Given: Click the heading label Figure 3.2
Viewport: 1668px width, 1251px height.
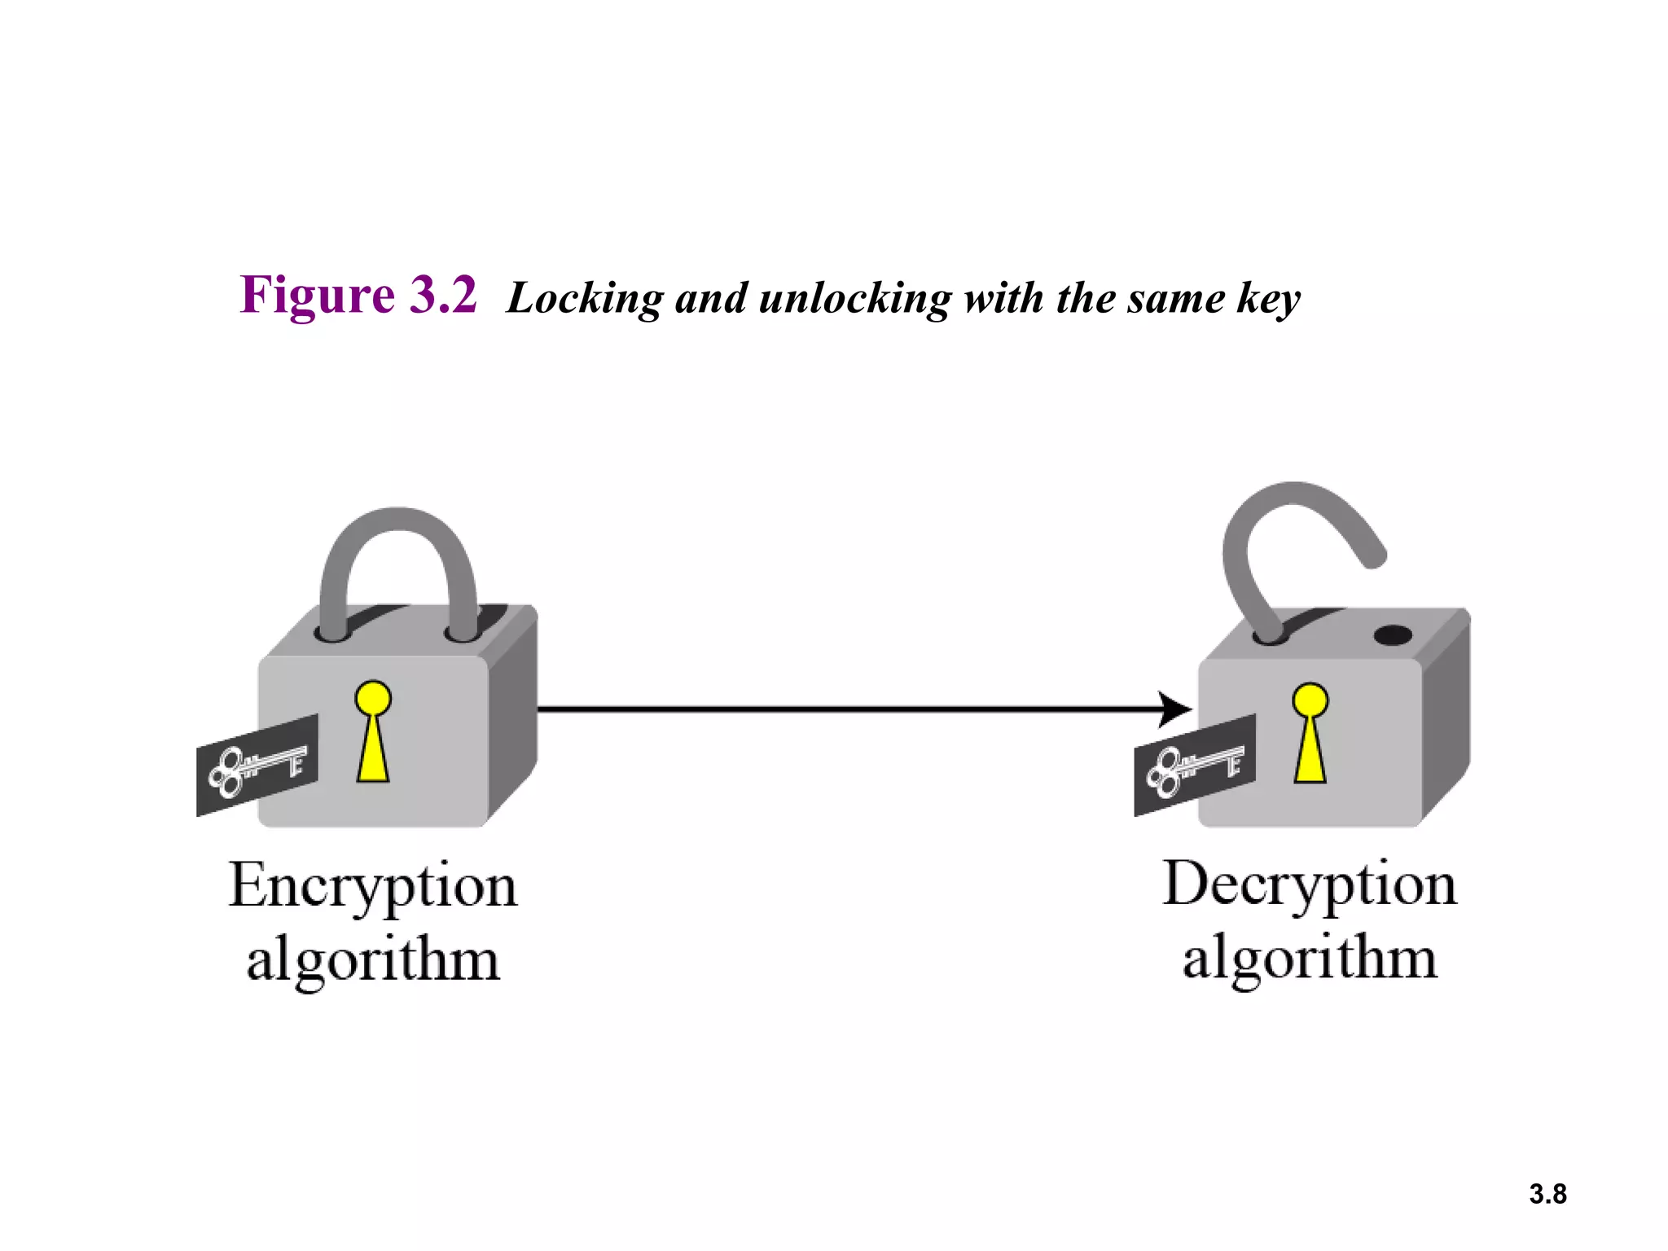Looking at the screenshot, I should (x=358, y=295).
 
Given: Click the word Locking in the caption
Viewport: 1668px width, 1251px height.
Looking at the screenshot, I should (x=585, y=299).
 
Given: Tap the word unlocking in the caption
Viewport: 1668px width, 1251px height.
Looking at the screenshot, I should (x=854, y=299).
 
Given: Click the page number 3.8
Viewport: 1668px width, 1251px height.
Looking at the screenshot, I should (x=1547, y=1194).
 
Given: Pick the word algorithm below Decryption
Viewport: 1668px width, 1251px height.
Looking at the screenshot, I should (x=1309, y=959).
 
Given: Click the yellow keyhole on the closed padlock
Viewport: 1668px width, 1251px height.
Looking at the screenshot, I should (x=373, y=733).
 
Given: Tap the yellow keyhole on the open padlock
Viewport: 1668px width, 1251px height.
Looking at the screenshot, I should (x=1310, y=733).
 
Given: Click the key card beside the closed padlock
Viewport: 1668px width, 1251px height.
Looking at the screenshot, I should (x=257, y=766).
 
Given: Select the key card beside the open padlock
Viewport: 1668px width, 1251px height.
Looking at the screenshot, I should (x=1195, y=766).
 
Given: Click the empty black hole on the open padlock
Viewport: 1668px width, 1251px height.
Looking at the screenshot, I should (x=1392, y=635).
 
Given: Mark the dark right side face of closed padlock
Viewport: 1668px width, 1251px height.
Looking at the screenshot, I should (x=513, y=717).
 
